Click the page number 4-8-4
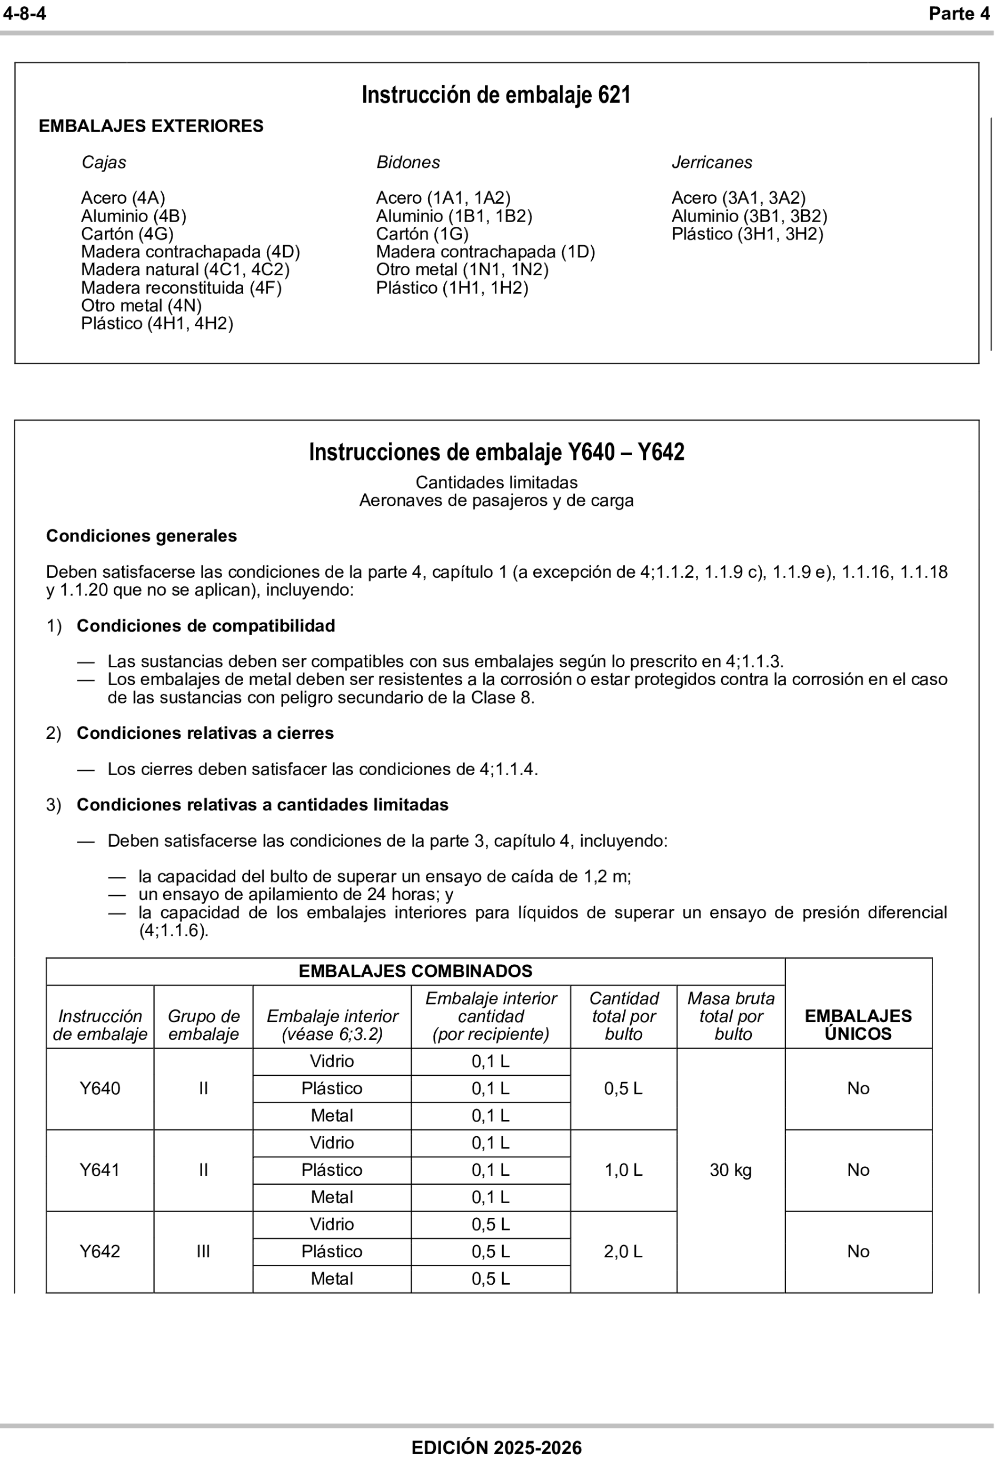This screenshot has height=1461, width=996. pyautogui.click(x=25, y=14)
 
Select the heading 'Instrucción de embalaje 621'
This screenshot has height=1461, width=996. pyautogui.click(x=495, y=95)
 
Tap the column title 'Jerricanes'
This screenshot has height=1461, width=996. pyautogui.click(x=711, y=162)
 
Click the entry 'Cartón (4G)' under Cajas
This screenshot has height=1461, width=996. pyautogui.click(x=127, y=234)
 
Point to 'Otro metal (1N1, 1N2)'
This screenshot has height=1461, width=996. pyautogui.click(x=462, y=269)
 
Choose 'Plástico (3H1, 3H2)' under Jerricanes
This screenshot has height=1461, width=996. pyautogui.click(x=747, y=234)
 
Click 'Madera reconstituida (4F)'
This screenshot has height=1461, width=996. pyautogui.click(x=181, y=288)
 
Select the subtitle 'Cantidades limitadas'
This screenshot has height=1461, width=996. pyautogui.click(x=496, y=482)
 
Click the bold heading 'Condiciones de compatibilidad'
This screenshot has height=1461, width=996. pyautogui.click(x=206, y=626)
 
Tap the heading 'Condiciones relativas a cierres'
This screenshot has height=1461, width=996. pyautogui.click(x=205, y=733)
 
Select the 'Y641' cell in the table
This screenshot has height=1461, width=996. pyautogui.click(x=99, y=1169)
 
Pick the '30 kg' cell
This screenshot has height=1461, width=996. pyautogui.click(x=730, y=1169)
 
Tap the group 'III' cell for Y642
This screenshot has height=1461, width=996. pyautogui.click(x=203, y=1251)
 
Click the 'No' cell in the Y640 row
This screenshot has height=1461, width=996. pyautogui.click(x=858, y=1088)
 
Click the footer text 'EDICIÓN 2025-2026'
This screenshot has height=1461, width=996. pyautogui.click(x=496, y=1448)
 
